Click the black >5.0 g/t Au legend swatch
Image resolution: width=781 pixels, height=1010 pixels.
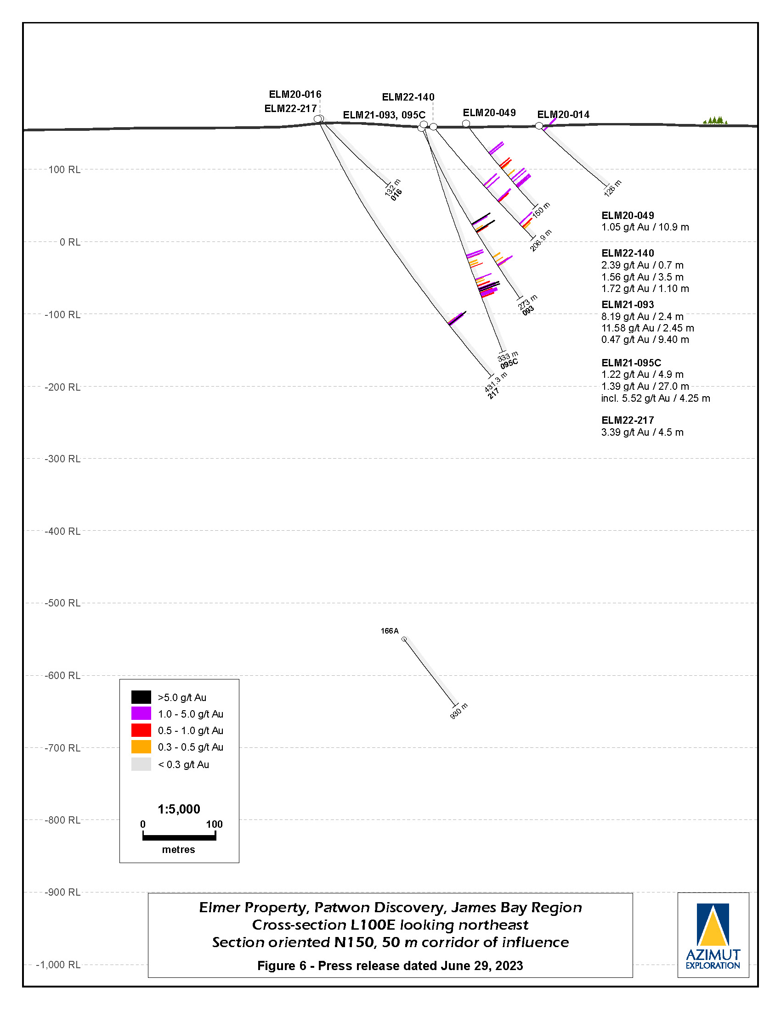click(141, 697)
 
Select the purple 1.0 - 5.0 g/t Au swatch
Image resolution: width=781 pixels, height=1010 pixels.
click(141, 713)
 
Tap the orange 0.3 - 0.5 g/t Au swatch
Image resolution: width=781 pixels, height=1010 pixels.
click(141, 747)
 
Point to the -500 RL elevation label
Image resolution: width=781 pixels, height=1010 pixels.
click(62, 603)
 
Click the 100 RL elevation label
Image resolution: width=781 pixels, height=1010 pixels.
click(64, 170)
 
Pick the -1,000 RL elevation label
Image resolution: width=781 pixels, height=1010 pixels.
click(58, 965)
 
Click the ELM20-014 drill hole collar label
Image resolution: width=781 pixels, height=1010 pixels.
click(563, 115)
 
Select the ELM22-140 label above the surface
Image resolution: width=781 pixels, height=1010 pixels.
click(408, 97)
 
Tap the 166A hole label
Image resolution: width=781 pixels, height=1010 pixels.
click(390, 631)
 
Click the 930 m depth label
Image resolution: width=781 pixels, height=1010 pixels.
click(459, 711)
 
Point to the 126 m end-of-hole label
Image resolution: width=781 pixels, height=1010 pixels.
click(612, 188)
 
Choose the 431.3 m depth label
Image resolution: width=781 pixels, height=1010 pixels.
click(496, 382)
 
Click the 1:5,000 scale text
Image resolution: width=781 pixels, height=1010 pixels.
click(179, 809)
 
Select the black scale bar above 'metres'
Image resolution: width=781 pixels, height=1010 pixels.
click(179, 837)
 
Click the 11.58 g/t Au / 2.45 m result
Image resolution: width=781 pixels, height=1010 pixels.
click(647, 328)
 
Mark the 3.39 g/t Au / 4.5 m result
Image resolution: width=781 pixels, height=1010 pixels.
click(642, 432)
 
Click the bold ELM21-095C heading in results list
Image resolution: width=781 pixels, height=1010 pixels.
click(631, 363)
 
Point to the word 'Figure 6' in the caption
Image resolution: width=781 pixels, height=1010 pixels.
click(282, 966)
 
